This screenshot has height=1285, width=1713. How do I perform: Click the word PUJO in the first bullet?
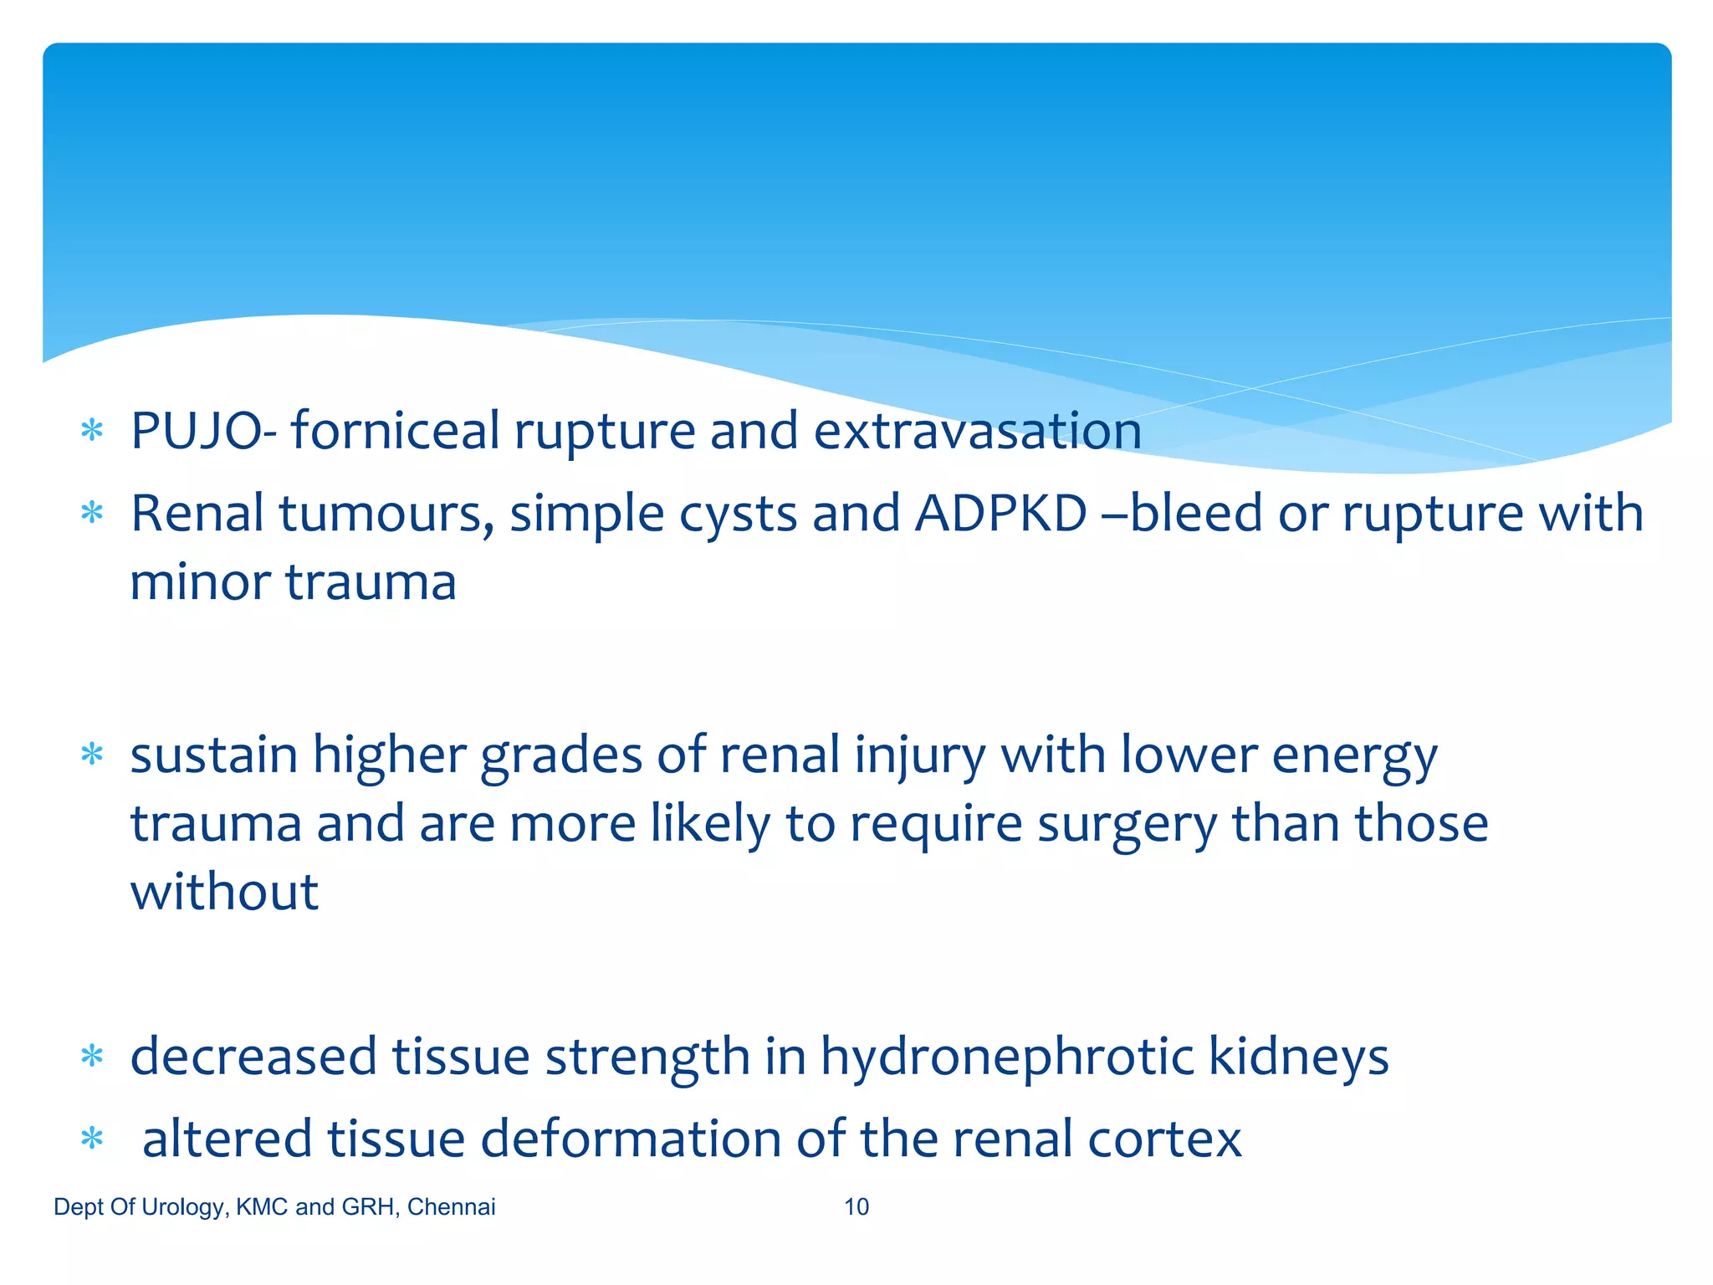[x=196, y=432]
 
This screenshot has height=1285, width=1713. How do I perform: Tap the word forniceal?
[x=394, y=432]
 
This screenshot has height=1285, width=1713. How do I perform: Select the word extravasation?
[x=977, y=432]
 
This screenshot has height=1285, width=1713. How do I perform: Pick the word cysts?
[x=738, y=514]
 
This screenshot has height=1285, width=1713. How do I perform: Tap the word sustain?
[x=214, y=755]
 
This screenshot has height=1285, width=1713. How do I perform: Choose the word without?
[x=224, y=892]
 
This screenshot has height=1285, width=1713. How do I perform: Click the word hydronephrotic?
[x=1007, y=1057]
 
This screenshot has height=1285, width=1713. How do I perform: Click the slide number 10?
[x=856, y=1206]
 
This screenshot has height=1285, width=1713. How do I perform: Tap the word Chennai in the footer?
[x=452, y=1206]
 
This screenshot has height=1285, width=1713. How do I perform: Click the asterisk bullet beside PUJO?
[x=92, y=432]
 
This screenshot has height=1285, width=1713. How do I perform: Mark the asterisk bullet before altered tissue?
[x=92, y=1139]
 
